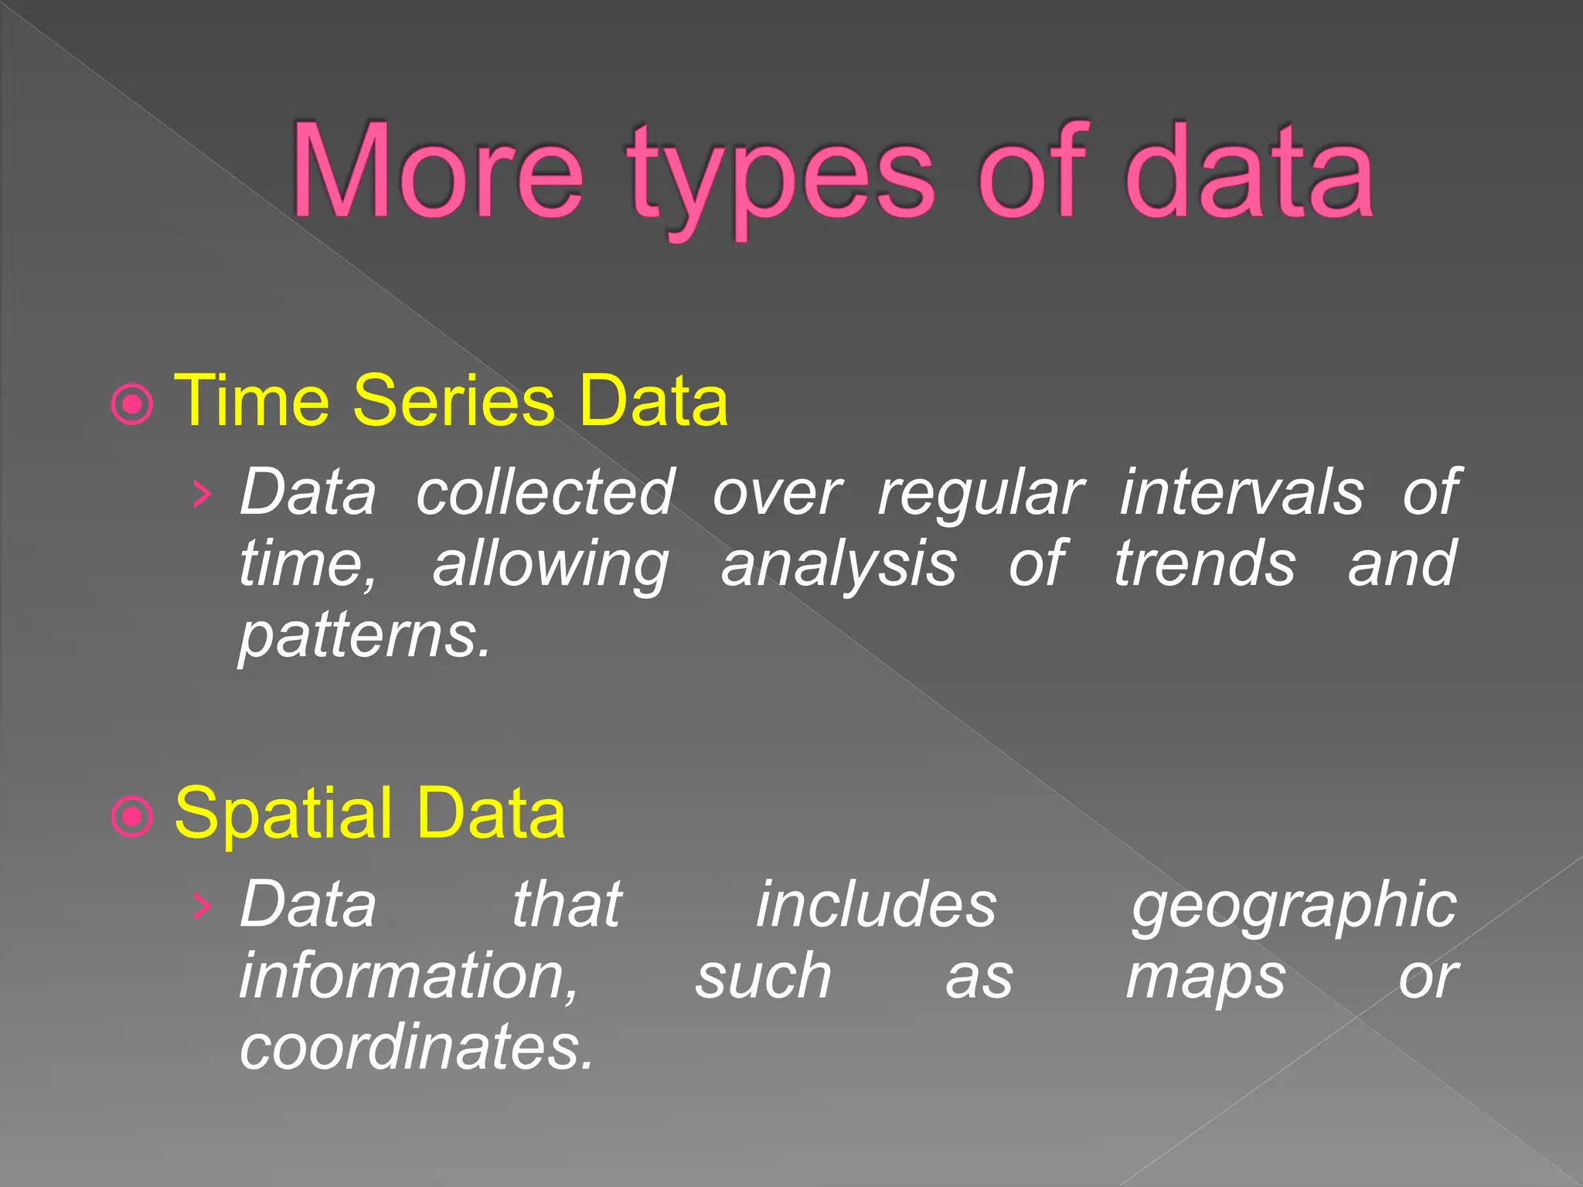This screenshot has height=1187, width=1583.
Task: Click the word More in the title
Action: [x=437, y=172]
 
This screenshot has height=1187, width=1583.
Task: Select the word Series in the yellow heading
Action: [x=454, y=400]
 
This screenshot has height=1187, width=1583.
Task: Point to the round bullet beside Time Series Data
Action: [x=132, y=403]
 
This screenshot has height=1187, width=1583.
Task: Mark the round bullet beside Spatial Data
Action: [x=132, y=816]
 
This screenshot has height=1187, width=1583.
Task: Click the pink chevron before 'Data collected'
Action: [x=201, y=494]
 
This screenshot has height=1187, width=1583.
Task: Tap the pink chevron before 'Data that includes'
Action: [x=201, y=905]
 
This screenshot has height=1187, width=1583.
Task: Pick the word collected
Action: [x=545, y=492]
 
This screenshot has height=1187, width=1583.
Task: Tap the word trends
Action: [x=1204, y=563]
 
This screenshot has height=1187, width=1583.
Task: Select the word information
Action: [x=408, y=975]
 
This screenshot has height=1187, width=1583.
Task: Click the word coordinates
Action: [x=416, y=1046]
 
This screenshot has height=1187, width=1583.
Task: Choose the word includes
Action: [x=876, y=903]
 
